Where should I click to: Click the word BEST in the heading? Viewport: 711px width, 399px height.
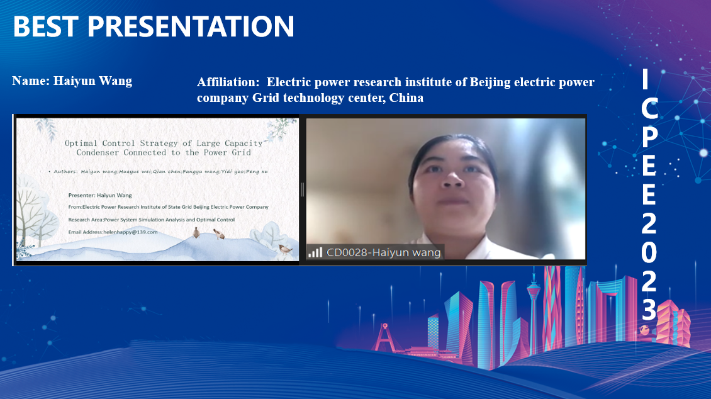[45, 26]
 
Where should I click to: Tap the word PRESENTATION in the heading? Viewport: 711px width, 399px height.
[191, 26]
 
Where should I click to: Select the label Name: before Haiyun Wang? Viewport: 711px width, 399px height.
[31, 81]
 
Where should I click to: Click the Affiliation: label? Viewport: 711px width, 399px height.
[228, 82]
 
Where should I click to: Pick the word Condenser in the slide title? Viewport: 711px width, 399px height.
[98, 153]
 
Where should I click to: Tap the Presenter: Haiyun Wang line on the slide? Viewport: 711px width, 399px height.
[100, 196]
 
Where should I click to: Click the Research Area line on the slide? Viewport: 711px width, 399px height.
[152, 220]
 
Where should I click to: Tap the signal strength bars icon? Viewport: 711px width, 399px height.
[315, 252]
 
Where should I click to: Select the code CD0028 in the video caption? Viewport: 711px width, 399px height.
[347, 252]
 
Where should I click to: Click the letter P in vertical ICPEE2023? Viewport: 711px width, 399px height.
[649, 137]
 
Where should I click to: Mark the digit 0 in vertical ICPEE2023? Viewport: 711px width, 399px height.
[649, 252]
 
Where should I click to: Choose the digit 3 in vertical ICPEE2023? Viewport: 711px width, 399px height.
[649, 311]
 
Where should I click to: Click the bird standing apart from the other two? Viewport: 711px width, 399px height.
[285, 249]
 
